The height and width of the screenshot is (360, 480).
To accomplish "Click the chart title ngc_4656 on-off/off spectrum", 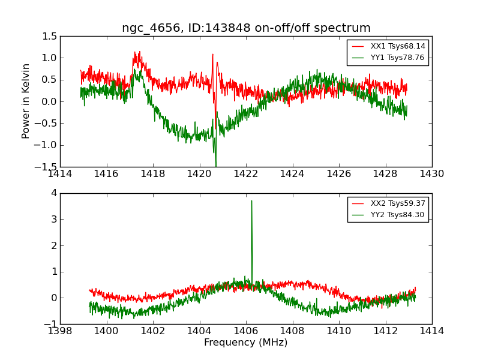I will click(246, 28).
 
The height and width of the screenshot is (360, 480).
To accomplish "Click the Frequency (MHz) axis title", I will click(245, 343).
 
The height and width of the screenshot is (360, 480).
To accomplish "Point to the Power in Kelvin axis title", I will click(26, 101).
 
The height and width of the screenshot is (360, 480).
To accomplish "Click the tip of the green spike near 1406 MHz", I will click(251, 201).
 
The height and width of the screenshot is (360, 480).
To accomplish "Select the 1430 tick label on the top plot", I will click(431, 174).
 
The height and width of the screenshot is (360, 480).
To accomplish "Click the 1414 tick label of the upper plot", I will click(60, 174).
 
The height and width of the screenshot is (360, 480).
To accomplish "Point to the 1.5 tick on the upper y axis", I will click(50, 37).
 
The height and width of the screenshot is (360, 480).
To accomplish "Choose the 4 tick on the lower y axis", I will click(53, 193).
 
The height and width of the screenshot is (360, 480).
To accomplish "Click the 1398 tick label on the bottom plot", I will click(60, 331).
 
